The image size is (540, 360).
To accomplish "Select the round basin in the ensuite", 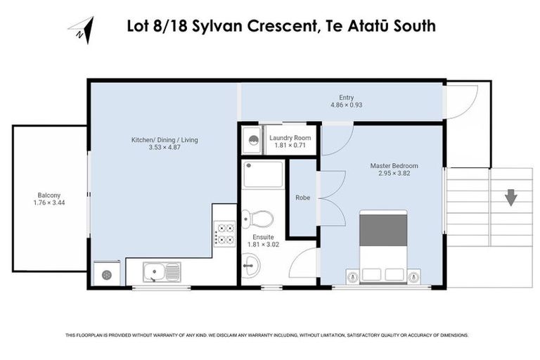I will [251, 264].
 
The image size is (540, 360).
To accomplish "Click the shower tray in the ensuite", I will [263, 174].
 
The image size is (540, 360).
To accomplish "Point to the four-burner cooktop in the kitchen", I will [224, 233].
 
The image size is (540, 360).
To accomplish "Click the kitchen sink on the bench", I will [162, 271].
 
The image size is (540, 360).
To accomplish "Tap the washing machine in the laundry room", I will [251, 139].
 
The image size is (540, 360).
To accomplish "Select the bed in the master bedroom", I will [383, 246].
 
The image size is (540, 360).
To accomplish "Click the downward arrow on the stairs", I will [510, 197].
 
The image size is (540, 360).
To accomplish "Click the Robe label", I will [303, 198].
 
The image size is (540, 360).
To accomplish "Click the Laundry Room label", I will [290, 138].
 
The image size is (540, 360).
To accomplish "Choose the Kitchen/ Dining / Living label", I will [165, 140].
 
